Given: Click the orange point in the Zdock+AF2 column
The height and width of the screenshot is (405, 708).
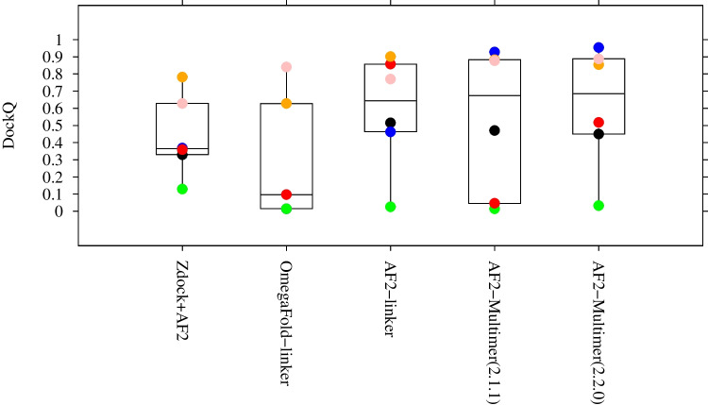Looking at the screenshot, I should point(182,77).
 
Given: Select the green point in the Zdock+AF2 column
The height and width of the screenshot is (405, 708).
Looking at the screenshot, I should point(182,189).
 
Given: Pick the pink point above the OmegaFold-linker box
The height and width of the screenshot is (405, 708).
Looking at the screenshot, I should point(286,67).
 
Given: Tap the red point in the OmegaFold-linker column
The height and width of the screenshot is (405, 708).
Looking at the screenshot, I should point(286,194).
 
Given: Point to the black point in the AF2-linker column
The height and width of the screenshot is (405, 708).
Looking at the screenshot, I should point(391,123).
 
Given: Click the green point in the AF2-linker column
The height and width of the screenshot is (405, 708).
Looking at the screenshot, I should point(391,207).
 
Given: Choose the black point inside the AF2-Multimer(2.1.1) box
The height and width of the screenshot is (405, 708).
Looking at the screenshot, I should point(495,130).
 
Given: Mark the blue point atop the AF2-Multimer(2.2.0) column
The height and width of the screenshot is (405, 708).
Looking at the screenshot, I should point(598,47).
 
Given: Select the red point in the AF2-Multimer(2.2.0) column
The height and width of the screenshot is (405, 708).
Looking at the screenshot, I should point(598,122).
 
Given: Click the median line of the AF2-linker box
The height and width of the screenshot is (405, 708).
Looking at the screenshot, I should point(391,100).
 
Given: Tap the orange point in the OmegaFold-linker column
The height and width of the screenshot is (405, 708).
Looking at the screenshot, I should point(286,103).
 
